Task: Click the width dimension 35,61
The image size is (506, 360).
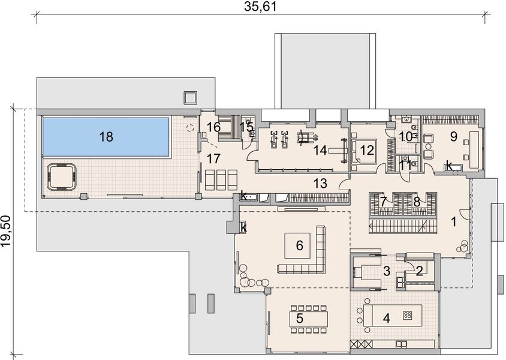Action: click(x=260, y=6)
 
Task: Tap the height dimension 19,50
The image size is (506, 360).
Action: click(x=6, y=231)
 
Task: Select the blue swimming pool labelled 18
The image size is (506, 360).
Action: click(x=106, y=137)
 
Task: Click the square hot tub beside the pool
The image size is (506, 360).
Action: click(x=62, y=176)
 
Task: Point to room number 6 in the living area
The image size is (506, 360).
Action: click(x=300, y=246)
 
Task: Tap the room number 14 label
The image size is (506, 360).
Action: click(x=320, y=150)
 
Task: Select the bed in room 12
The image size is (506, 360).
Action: click(x=365, y=151)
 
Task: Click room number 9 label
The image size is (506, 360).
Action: click(x=453, y=136)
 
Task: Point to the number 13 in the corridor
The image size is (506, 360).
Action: click(x=320, y=183)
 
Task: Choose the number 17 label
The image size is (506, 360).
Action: click(x=213, y=158)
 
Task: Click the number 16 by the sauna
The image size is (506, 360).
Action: click(x=213, y=127)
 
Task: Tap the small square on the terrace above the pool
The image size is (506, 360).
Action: click(x=190, y=98)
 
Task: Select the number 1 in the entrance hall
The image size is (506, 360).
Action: click(x=454, y=222)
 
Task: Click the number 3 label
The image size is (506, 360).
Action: click(x=387, y=271)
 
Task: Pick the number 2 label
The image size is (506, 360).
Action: click(x=419, y=271)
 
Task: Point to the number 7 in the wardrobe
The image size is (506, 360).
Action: click(x=383, y=202)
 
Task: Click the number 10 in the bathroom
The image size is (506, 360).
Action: click(x=406, y=137)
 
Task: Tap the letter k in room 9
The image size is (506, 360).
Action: click(x=448, y=166)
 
